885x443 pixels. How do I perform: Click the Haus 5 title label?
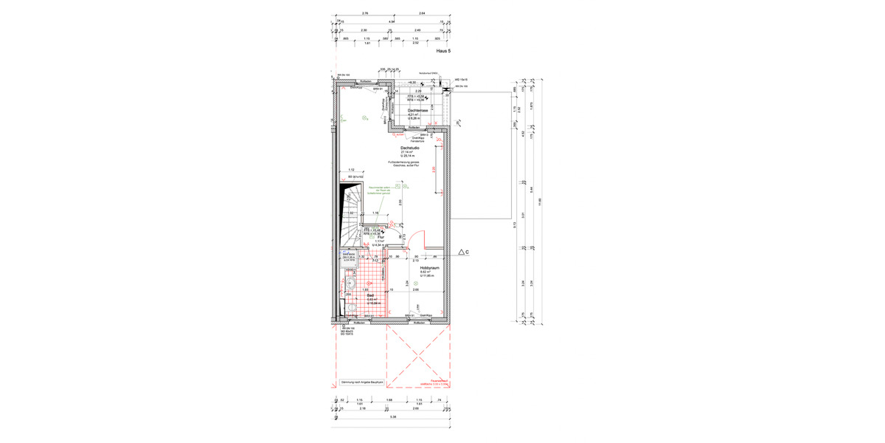coord(444,52)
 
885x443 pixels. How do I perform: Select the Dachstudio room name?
coord(410,147)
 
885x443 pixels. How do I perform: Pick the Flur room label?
coord(381,237)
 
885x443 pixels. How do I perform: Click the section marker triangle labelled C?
coord(462,253)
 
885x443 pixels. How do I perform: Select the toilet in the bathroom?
coord(352,306)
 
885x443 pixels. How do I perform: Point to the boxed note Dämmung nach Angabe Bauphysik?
coord(361,382)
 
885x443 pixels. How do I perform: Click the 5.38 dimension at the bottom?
coord(393,418)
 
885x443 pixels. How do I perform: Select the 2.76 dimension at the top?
coord(366,13)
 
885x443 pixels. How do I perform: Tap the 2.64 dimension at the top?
coord(422,13)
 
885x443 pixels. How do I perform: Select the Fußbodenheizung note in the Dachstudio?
coord(404,163)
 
